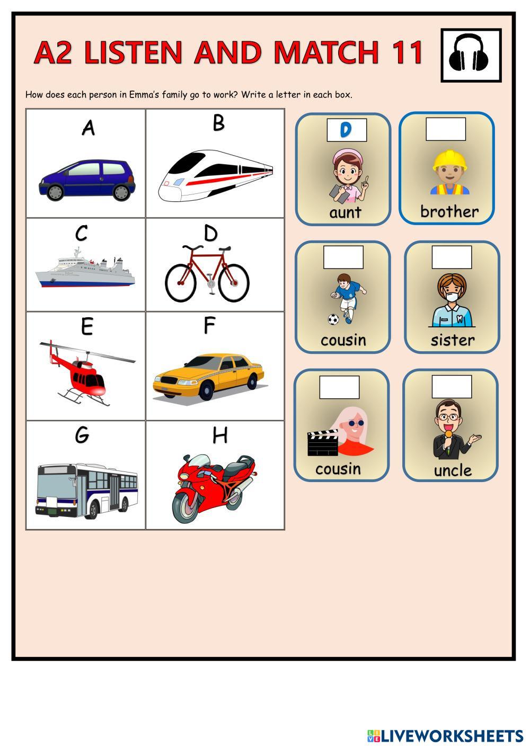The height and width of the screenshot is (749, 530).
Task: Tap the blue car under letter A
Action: click(87, 180)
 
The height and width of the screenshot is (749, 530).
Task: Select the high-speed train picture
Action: click(216, 175)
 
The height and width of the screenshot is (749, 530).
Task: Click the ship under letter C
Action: click(85, 267)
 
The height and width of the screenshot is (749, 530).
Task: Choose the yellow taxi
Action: click(208, 377)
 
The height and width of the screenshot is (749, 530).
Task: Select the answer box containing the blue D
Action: click(347, 130)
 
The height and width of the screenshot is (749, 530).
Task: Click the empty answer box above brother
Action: click(446, 129)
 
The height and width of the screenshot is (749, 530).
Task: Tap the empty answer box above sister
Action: click(452, 257)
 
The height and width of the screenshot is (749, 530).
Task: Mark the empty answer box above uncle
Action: click(452, 386)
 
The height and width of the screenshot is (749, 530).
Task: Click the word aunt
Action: click(346, 212)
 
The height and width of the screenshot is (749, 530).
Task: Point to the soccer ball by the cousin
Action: click(333, 319)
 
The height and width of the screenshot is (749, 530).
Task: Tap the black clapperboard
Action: click(323, 443)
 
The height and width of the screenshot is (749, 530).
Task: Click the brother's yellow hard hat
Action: click(449, 160)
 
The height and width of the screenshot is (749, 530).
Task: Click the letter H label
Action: click(220, 435)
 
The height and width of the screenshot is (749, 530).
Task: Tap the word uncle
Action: click(453, 470)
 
